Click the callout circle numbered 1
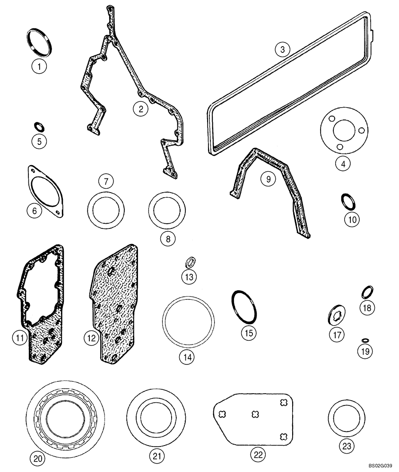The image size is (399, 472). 39,66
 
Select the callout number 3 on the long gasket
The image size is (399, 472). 282,50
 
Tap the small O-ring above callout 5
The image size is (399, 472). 39,126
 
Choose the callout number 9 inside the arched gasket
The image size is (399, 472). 268,179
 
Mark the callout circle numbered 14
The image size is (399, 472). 186,357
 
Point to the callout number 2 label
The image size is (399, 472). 140,110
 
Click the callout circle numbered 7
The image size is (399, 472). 106,181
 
